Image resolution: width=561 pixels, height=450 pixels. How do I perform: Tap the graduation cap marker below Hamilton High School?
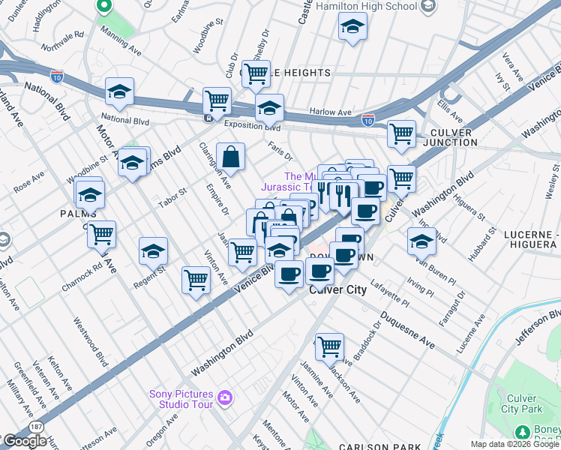[352, 28]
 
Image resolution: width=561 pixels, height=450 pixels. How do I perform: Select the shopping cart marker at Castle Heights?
[256, 73]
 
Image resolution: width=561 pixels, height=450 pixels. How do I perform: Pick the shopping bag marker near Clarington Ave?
[231, 157]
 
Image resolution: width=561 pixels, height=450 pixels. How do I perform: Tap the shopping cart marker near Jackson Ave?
[329, 347]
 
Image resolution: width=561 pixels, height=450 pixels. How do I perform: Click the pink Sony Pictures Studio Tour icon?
[224, 396]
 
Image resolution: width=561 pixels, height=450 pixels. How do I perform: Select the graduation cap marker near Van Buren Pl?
[421, 241]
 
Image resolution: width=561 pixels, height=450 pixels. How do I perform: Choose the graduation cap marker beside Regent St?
[153, 251]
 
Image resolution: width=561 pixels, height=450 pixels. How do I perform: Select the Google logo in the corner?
[25, 441]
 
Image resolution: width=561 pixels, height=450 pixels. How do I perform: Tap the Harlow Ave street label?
[331, 112]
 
